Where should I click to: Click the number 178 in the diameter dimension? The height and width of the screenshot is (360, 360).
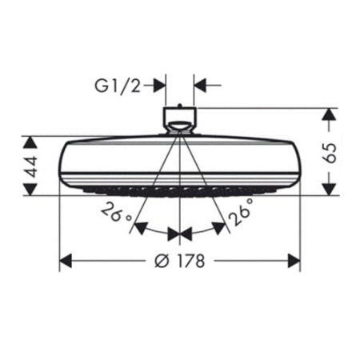point(189,261)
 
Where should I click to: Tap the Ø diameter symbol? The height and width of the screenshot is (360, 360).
point(160,261)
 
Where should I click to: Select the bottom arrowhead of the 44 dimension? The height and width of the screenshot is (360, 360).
point(30,189)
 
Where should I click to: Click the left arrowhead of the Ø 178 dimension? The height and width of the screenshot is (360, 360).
point(66,261)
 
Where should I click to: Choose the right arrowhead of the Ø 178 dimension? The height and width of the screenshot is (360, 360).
point(293,261)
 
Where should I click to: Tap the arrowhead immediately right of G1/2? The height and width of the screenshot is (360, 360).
point(160,82)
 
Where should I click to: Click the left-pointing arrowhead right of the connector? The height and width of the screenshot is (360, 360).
point(199,82)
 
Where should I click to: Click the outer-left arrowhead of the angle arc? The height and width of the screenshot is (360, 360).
point(140,228)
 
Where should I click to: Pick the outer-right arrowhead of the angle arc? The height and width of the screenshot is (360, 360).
point(218,228)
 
